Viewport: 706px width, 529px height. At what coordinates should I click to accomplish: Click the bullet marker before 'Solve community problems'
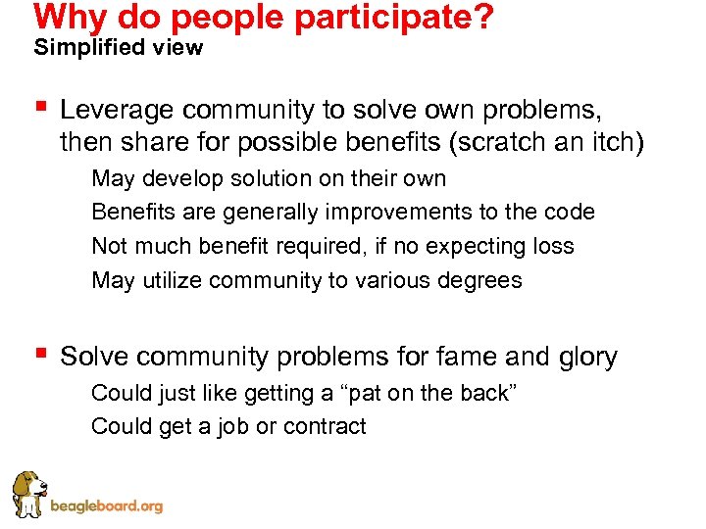click(39, 354)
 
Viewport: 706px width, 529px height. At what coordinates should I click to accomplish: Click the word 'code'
click(570, 213)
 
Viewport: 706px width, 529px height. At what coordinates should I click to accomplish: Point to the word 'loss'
click(553, 246)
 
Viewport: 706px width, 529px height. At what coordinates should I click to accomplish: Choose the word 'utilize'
click(173, 280)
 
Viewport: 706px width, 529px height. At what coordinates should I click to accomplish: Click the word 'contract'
click(325, 426)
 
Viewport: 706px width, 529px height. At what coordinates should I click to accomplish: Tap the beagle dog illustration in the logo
click(26, 494)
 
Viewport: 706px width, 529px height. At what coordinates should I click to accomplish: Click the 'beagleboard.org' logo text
click(106, 506)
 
